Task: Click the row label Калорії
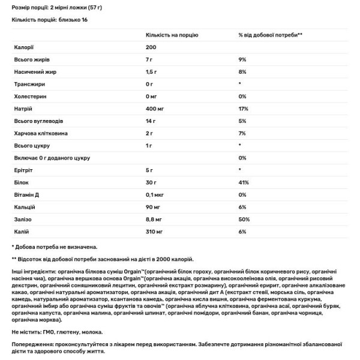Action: [x=24, y=47]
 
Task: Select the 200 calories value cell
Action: [x=151, y=47]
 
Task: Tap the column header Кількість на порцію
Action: [x=172, y=35]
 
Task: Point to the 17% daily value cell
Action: [x=243, y=108]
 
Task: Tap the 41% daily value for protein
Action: [x=243, y=182]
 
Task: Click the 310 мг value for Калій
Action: [x=155, y=231]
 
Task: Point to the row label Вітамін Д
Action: [x=28, y=194]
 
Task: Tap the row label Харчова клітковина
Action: [x=39, y=133]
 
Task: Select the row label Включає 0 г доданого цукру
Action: [x=52, y=157]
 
